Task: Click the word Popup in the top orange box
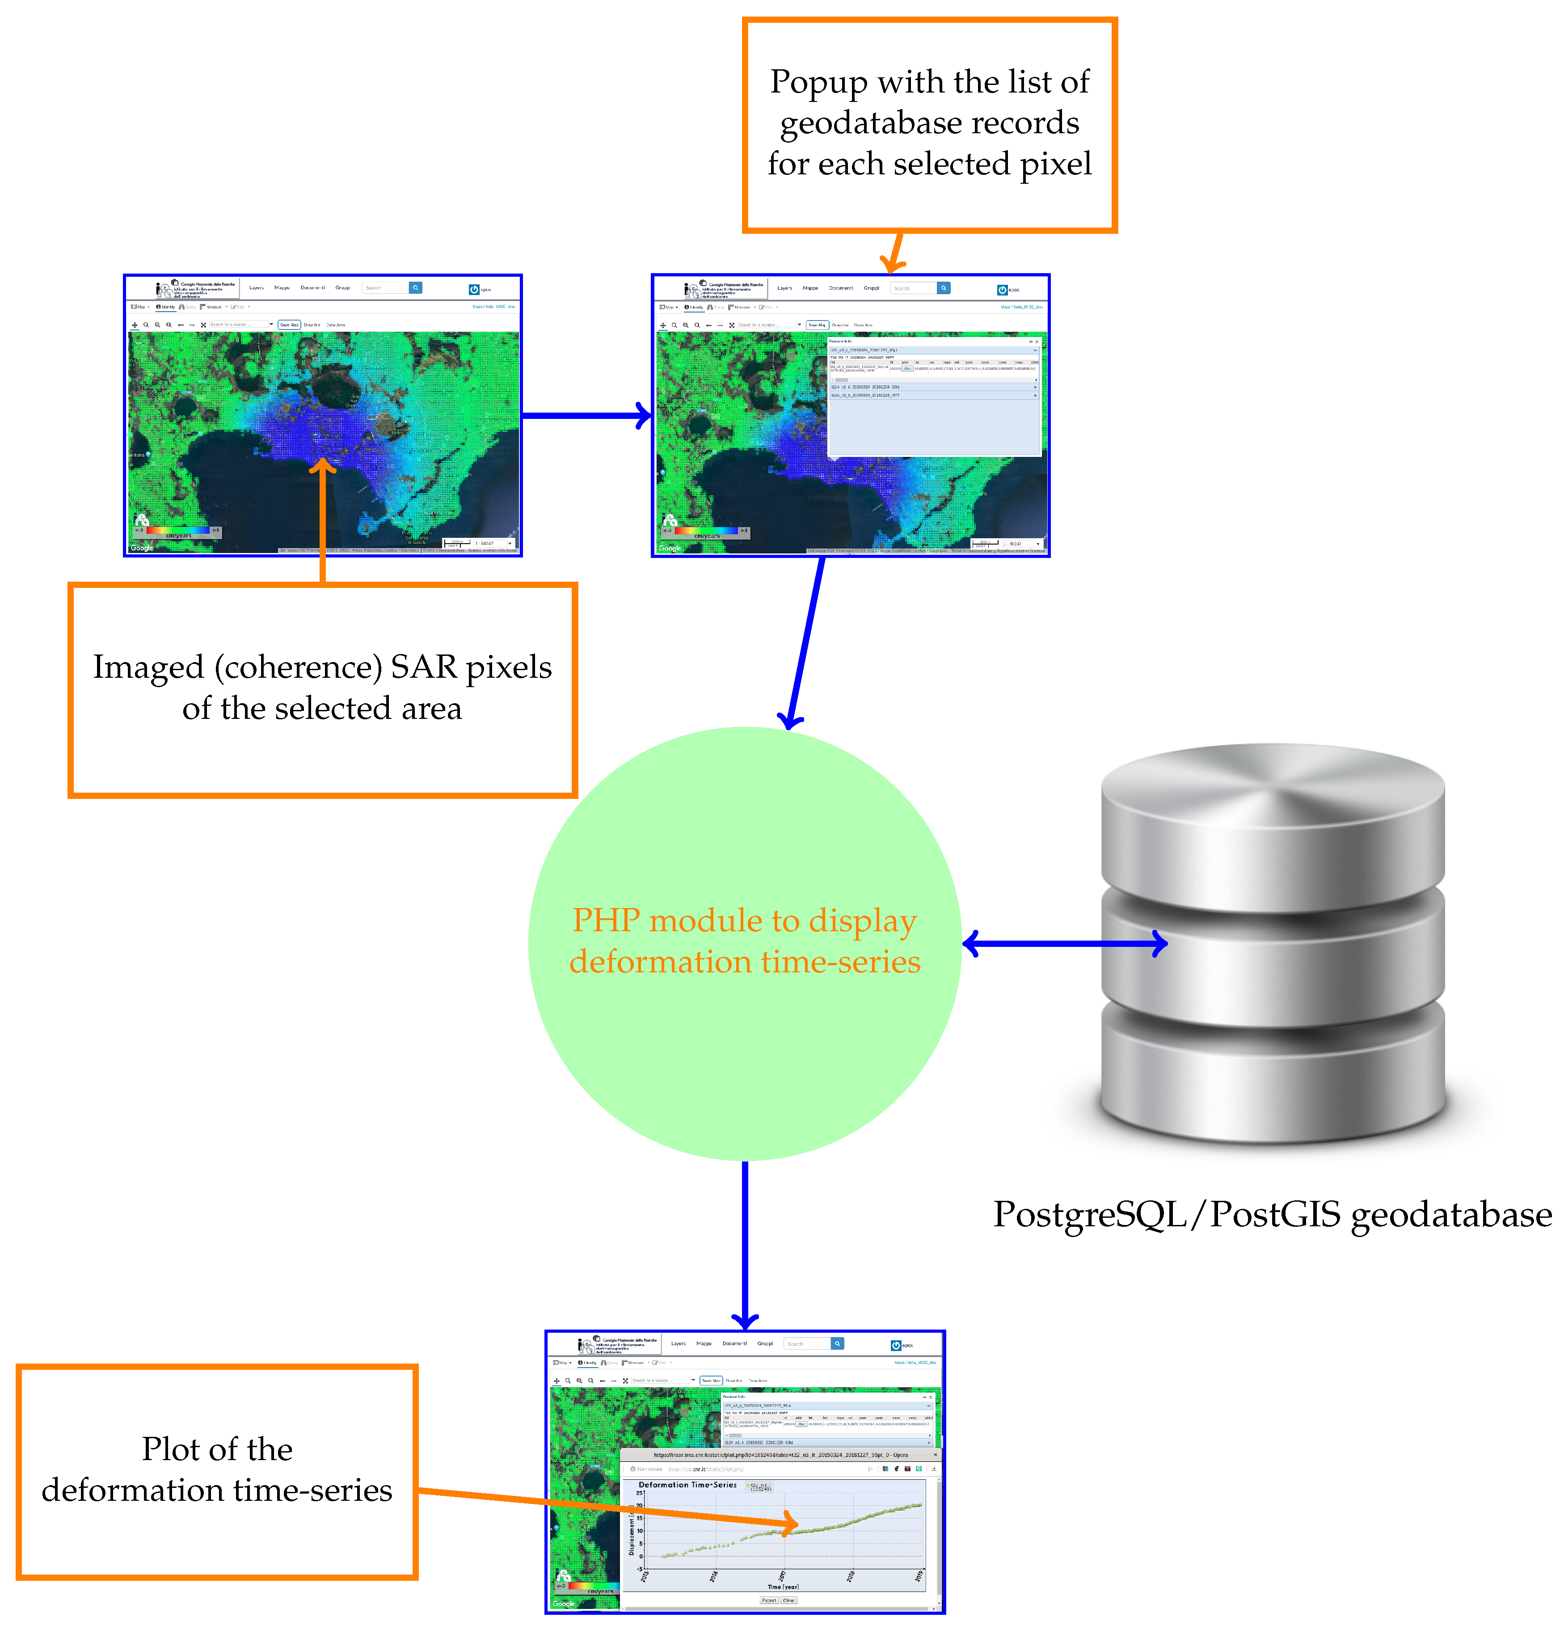point(818,82)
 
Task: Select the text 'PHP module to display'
point(744,921)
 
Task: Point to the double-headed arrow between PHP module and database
point(1064,943)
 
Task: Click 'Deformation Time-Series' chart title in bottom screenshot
point(687,1484)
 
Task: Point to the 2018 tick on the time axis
point(850,1576)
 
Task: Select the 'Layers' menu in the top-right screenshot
point(784,288)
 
